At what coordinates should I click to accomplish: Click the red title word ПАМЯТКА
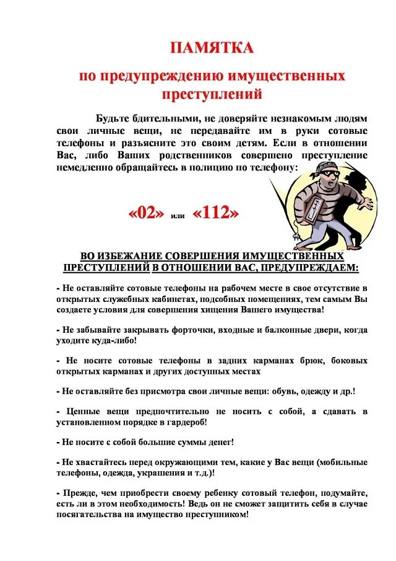pos(212,48)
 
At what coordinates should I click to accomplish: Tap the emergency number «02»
pos(147,214)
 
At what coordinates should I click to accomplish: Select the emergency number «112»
pos(215,214)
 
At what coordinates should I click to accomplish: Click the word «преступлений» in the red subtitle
pos(212,95)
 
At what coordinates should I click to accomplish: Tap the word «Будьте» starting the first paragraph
pos(116,118)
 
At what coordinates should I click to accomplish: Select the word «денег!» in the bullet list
pos(215,442)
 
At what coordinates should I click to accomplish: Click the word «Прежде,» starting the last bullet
pos(78,493)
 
